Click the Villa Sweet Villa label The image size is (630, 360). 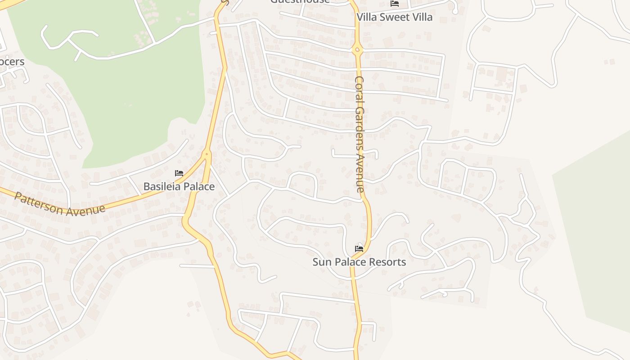[x=395, y=17]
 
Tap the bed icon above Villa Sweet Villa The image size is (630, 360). [x=395, y=4]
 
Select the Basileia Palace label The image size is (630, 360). [x=179, y=186]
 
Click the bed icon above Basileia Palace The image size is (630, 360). [x=179, y=173]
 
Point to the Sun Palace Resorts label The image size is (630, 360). [x=359, y=262]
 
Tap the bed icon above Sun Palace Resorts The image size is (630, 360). [x=359, y=248]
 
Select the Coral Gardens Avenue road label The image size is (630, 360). [x=360, y=134]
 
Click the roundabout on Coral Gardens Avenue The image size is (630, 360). [x=357, y=50]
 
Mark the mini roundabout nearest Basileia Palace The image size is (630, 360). [x=207, y=154]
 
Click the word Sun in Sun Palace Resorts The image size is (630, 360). [x=321, y=262]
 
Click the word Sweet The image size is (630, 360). [x=396, y=17]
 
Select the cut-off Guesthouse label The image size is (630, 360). [x=300, y=1]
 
